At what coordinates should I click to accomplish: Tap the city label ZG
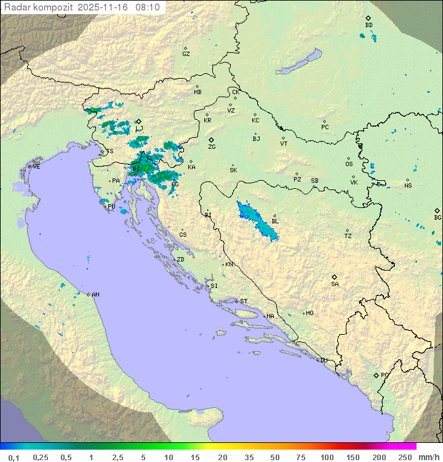pyautogui.click(x=212, y=147)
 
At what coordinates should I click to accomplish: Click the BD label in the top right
pyautogui.click(x=369, y=25)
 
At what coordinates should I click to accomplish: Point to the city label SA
pyautogui.click(x=335, y=284)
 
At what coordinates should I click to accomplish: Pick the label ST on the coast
pyautogui.click(x=244, y=301)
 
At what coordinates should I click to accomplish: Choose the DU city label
pyautogui.click(x=323, y=360)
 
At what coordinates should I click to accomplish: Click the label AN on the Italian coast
pyautogui.click(x=95, y=295)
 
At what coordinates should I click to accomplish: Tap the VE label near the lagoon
pyautogui.click(x=36, y=166)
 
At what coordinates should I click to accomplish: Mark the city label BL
pyautogui.click(x=275, y=221)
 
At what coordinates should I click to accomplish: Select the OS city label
pyautogui.click(x=349, y=164)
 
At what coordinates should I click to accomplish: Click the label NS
pyautogui.click(x=408, y=186)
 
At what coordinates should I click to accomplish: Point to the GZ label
pyautogui.click(x=186, y=54)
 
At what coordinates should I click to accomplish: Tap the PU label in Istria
pyautogui.click(x=111, y=207)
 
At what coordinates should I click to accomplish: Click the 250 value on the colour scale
pyautogui.click(x=405, y=457)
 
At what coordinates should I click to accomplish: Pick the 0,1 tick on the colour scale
pyautogui.click(x=13, y=457)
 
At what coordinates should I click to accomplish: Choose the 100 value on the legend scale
pyautogui.click(x=327, y=457)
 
